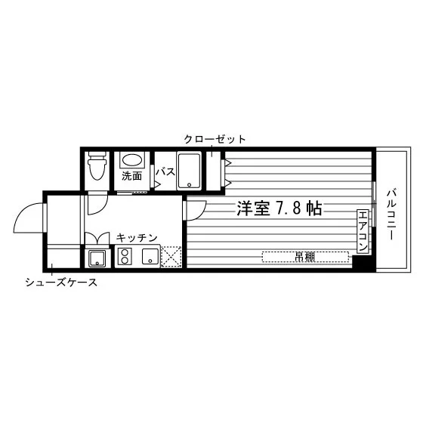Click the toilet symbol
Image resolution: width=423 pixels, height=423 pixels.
(x=97, y=165)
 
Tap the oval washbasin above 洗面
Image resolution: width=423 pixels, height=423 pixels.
(x=132, y=159)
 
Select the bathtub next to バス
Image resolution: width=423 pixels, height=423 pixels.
(x=189, y=171)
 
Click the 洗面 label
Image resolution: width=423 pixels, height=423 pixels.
(x=131, y=176)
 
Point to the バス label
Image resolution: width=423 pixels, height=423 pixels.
(x=165, y=171)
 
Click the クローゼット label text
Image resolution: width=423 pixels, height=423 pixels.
(x=215, y=139)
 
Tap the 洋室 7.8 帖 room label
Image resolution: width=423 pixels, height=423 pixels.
(x=279, y=208)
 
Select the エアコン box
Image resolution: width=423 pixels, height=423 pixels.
(x=363, y=231)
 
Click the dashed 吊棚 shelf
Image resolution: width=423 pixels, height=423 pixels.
(x=305, y=257)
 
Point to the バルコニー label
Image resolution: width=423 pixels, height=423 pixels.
(x=391, y=215)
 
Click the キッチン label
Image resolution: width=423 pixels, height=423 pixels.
(x=137, y=238)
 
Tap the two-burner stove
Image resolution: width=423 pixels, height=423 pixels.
(x=125, y=256)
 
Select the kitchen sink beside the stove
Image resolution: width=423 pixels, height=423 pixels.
(x=150, y=256)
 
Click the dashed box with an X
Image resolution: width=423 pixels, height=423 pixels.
(x=171, y=256)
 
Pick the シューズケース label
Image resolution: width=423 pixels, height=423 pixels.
(x=61, y=283)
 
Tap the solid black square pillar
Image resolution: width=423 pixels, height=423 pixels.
(x=364, y=263)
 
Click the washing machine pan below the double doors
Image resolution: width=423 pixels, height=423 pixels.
(x=97, y=258)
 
